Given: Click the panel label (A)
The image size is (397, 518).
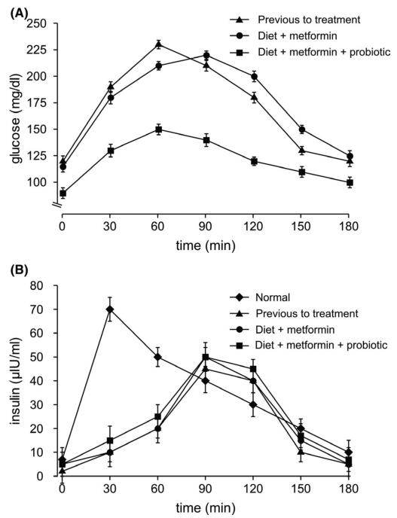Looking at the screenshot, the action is pyautogui.click(x=19, y=14).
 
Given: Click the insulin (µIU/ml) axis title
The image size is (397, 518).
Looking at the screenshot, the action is pyautogui.click(x=17, y=380).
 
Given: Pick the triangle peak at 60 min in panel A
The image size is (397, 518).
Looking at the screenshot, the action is pyautogui.click(x=159, y=44).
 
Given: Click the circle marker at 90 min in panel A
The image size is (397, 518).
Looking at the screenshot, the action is pyautogui.click(x=206, y=55).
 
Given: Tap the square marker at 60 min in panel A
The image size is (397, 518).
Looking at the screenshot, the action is pyautogui.click(x=159, y=129).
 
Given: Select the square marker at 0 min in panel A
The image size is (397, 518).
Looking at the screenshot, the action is pyautogui.click(x=63, y=193).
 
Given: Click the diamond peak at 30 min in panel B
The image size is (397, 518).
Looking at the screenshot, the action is pyautogui.click(x=110, y=309).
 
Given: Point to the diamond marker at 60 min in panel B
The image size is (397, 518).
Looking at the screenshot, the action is pyautogui.click(x=157, y=357).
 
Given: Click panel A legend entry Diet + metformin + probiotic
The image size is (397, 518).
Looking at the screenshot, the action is pyautogui.click(x=310, y=52).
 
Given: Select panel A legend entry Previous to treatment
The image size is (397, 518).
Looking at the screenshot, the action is pyautogui.click(x=295, y=20).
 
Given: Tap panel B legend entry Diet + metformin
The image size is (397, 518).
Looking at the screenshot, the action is pyautogui.click(x=282, y=329).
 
